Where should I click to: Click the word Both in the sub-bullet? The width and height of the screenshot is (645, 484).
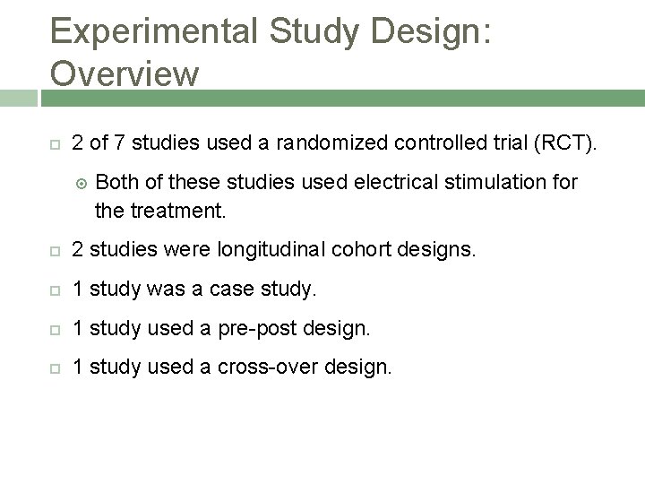pos(116,183)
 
